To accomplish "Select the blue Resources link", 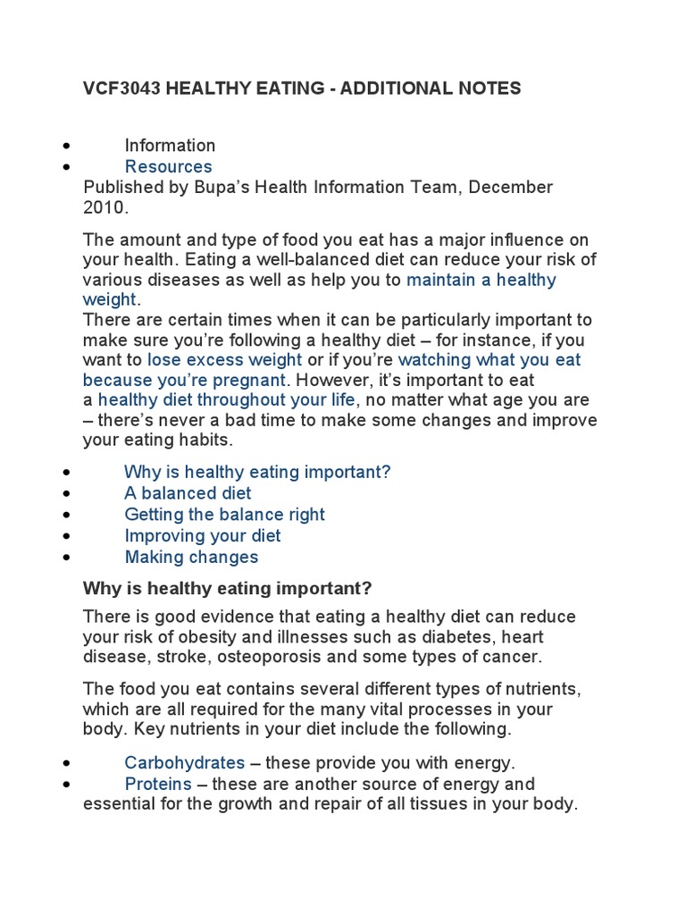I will [x=168, y=166].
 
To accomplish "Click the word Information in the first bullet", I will [x=170, y=145].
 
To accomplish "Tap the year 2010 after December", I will [x=104, y=207].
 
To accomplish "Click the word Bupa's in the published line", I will [x=212, y=188].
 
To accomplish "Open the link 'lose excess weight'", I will [x=224, y=359].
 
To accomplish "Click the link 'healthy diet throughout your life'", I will [x=226, y=399].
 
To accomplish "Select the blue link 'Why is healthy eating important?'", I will [x=257, y=472].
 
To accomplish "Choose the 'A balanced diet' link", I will [x=188, y=493].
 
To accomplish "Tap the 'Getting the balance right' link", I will [x=224, y=515].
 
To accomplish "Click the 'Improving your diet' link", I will [x=202, y=536].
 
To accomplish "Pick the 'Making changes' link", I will [x=191, y=558].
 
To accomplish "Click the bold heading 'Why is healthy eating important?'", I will [x=227, y=588].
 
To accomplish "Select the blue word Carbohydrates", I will [x=184, y=763].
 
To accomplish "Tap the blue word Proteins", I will [x=158, y=784].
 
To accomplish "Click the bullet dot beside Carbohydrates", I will [x=66, y=764].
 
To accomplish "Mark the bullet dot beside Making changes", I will [x=66, y=558].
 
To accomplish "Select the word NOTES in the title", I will [x=489, y=88].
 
